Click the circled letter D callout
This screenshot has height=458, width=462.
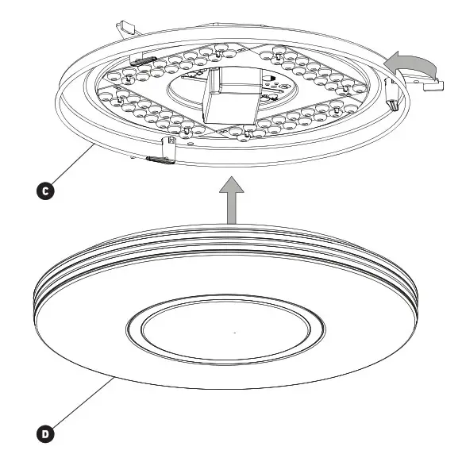coord(47,433)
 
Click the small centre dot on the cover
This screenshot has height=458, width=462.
coord(234,331)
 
